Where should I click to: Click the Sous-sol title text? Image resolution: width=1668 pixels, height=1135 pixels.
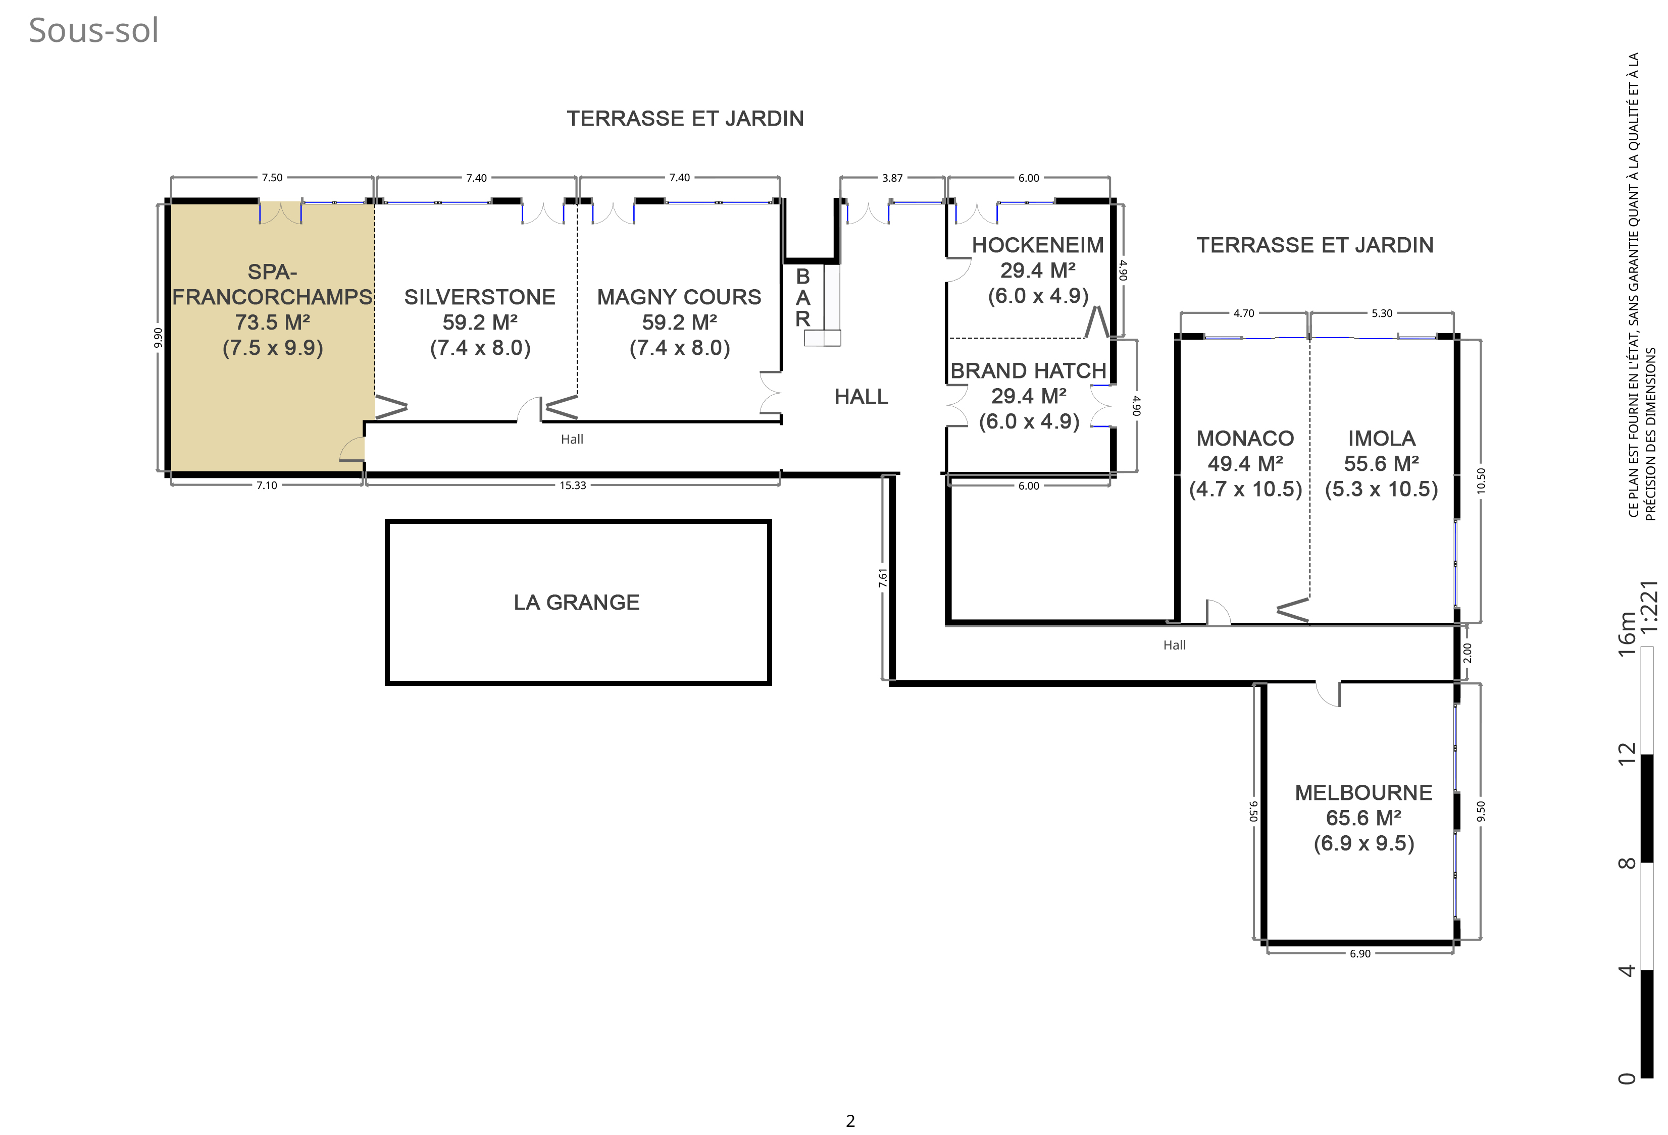tap(93, 30)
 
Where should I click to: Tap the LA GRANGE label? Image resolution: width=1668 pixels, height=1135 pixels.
tap(576, 602)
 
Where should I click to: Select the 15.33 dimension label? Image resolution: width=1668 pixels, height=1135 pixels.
tap(573, 485)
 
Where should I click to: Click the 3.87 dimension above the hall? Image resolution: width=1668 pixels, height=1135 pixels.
tap(892, 178)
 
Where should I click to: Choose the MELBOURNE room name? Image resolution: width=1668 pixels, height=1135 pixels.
tap(1363, 793)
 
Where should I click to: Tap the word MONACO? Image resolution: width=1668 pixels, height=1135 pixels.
tap(1245, 439)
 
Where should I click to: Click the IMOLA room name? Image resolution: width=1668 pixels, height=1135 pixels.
tap(1382, 439)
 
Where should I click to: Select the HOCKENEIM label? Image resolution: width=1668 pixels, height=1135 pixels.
tap(1038, 245)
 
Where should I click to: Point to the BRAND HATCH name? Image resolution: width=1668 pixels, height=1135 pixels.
tap(1029, 371)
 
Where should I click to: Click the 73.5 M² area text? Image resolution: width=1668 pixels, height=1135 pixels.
tap(273, 322)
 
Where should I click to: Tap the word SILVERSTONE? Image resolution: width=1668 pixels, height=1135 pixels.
tap(479, 297)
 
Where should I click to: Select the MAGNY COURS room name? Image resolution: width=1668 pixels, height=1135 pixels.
tap(679, 297)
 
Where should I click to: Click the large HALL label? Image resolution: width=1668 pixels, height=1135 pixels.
tap(862, 397)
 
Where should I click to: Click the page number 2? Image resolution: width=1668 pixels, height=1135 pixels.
tap(850, 1121)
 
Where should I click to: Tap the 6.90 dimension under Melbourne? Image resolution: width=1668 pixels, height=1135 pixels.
tap(1360, 953)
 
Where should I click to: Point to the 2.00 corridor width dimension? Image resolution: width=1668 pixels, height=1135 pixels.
tap(1467, 653)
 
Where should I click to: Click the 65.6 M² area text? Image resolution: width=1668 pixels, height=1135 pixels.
tap(1363, 818)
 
